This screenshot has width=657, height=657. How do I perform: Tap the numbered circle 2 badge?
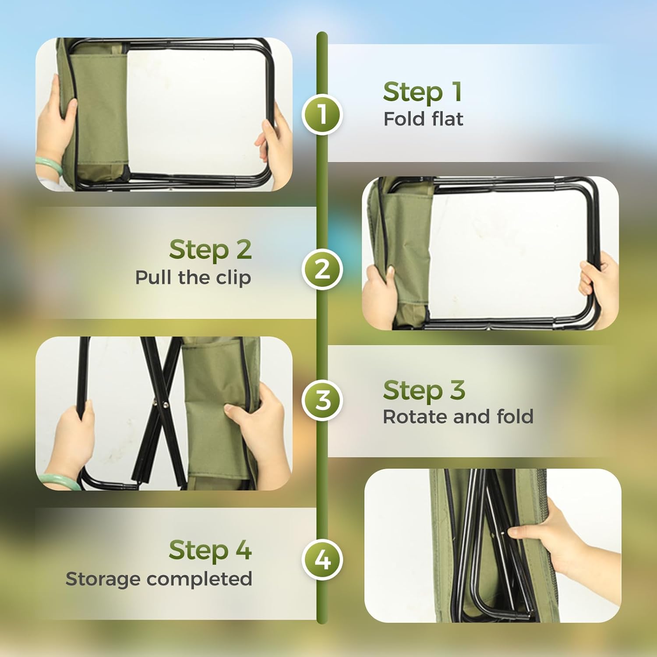click(x=322, y=269)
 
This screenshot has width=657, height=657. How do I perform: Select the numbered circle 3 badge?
click(x=322, y=400)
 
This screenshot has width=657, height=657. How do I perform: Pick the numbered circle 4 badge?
click(x=322, y=560)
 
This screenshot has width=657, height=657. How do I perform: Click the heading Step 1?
click(x=422, y=92)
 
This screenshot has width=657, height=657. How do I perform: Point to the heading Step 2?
click(x=210, y=250)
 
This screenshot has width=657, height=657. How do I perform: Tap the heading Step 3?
click(x=424, y=390)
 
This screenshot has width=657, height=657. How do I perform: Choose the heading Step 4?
click(x=210, y=550)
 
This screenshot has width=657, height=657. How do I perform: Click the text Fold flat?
click(x=423, y=119)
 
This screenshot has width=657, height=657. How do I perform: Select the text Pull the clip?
click(x=193, y=278)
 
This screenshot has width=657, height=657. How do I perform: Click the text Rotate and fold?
click(x=458, y=417)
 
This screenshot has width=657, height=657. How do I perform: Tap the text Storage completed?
click(x=159, y=579)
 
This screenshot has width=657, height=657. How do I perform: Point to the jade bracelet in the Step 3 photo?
click(x=57, y=480)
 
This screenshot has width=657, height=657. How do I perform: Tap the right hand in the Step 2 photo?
click(x=600, y=285)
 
